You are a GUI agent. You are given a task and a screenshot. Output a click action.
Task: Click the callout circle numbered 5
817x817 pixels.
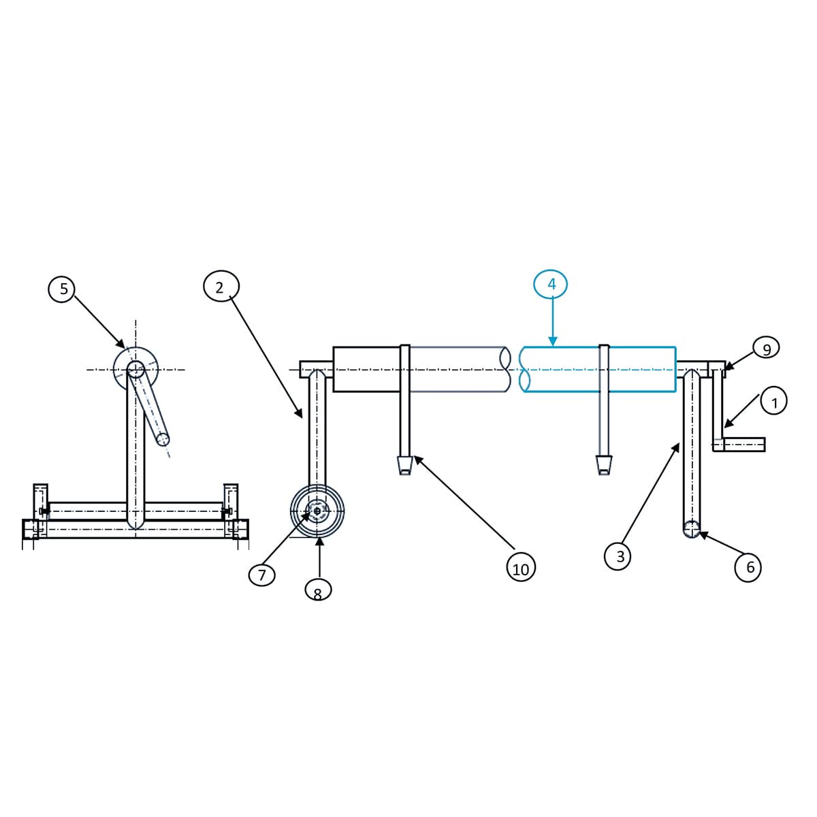pyautogui.click(x=63, y=289)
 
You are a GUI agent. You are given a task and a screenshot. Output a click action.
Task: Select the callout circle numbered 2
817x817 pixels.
pyautogui.click(x=221, y=286)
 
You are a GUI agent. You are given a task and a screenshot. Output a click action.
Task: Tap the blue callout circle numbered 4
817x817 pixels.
pyautogui.click(x=551, y=285)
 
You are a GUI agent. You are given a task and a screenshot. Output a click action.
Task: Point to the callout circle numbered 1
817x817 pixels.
pyautogui.click(x=773, y=400)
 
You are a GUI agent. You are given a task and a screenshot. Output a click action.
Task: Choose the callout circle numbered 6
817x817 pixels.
pyautogui.click(x=748, y=567)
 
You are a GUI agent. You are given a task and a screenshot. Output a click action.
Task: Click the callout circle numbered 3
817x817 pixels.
pyautogui.click(x=618, y=556)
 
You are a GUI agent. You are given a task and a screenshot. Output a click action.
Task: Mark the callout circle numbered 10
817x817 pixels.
pyautogui.click(x=521, y=567)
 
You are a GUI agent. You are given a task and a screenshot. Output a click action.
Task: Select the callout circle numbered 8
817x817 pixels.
pyautogui.click(x=318, y=590)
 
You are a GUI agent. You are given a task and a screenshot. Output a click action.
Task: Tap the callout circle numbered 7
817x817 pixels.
pyautogui.click(x=261, y=575)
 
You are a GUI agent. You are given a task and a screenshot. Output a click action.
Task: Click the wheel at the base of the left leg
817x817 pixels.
pyautogui.click(x=317, y=511)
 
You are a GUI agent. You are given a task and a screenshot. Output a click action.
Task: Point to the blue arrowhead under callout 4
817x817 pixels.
pyautogui.click(x=552, y=340)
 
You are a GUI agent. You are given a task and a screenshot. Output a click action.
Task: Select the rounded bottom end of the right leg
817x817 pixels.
pyautogui.click(x=692, y=529)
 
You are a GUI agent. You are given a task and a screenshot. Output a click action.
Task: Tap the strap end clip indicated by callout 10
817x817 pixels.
pyautogui.click(x=405, y=465)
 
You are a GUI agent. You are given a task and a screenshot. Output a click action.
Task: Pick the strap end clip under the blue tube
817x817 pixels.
pyautogui.click(x=604, y=465)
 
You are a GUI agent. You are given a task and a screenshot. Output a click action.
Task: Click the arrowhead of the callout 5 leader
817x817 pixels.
pyautogui.click(x=121, y=344)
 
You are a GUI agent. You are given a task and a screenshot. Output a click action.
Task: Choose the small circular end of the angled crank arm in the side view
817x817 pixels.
pyautogui.click(x=163, y=440)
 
